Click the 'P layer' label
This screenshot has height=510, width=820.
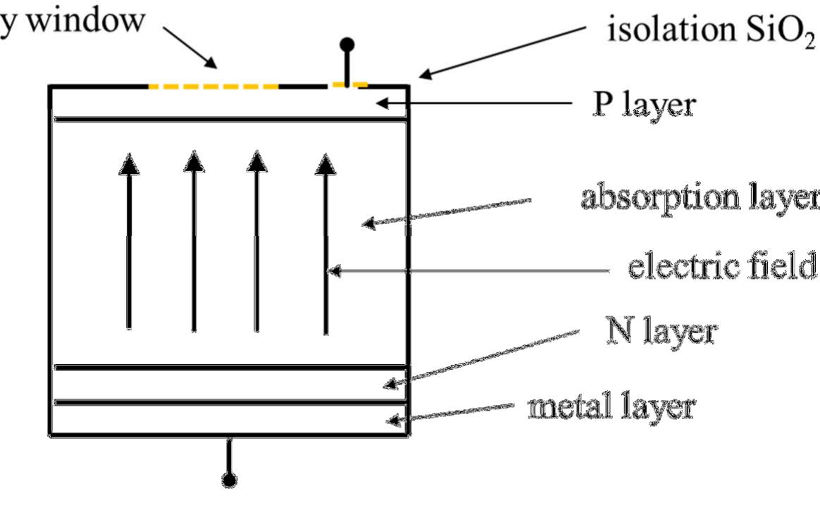642,106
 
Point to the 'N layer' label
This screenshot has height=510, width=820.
661,332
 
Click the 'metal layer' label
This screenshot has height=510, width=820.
611,406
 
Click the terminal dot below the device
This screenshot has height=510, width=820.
228,480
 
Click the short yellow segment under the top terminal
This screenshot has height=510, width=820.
349,85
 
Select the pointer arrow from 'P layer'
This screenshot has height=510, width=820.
479,104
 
